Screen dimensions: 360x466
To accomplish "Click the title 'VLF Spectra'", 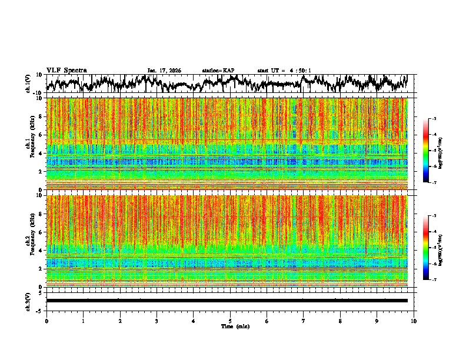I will click(x=66, y=70).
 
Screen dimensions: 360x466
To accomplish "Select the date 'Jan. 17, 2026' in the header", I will click(x=164, y=71).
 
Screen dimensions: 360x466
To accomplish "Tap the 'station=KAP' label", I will click(x=218, y=71).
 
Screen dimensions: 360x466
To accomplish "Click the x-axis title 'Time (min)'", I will click(x=230, y=326).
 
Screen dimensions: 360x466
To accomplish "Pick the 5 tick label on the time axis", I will click(x=230, y=321).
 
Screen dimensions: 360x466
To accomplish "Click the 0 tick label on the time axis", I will click(x=46, y=321).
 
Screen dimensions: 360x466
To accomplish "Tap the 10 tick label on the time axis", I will click(x=414, y=321).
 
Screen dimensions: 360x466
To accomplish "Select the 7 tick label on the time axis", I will click(x=304, y=321).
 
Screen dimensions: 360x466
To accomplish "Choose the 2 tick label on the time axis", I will click(x=120, y=321).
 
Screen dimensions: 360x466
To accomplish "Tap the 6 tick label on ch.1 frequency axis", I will click(x=41, y=135).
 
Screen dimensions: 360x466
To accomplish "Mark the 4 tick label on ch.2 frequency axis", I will click(x=41, y=251).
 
